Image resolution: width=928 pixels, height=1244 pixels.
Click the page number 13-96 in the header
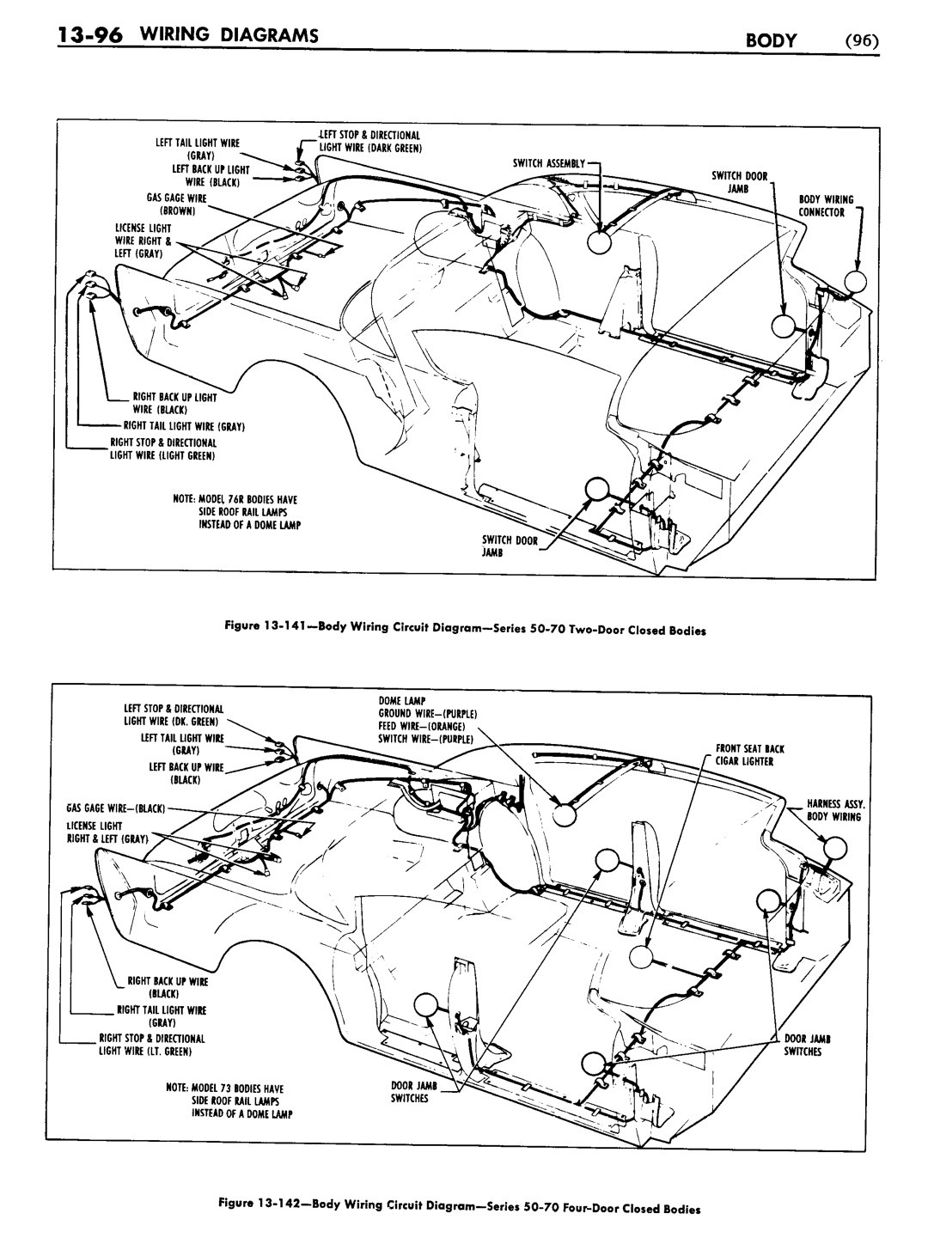pos(89,36)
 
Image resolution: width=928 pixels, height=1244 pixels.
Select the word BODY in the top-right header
pos(771,40)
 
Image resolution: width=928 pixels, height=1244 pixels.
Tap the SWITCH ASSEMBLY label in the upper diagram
pos(549,163)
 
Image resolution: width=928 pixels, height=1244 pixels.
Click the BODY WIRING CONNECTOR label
pos(826,205)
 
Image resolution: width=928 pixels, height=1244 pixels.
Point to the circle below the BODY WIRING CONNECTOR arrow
pos(856,281)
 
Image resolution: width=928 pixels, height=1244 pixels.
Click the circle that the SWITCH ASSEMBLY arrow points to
pos(599,242)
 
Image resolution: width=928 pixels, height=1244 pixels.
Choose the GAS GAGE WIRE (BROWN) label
pos(177,204)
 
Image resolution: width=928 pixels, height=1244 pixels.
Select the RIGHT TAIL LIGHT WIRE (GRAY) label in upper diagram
pos(184,426)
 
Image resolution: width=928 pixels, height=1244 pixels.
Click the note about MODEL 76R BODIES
pos(236,512)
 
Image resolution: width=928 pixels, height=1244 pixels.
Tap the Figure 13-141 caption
pos(466,629)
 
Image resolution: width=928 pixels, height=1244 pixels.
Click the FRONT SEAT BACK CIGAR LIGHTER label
pos(750,755)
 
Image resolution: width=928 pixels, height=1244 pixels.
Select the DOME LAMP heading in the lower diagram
pos(402,700)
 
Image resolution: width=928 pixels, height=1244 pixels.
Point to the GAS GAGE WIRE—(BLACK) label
pos(116,808)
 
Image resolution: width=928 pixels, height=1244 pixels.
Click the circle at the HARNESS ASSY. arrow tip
pos(835,849)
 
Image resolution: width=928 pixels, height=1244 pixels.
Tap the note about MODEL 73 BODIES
pos(229,1101)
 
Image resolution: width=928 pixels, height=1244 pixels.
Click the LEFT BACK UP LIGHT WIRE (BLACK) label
pos(211,176)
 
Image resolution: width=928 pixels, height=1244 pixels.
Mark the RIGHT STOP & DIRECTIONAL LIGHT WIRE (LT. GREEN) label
pos(152,1045)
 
